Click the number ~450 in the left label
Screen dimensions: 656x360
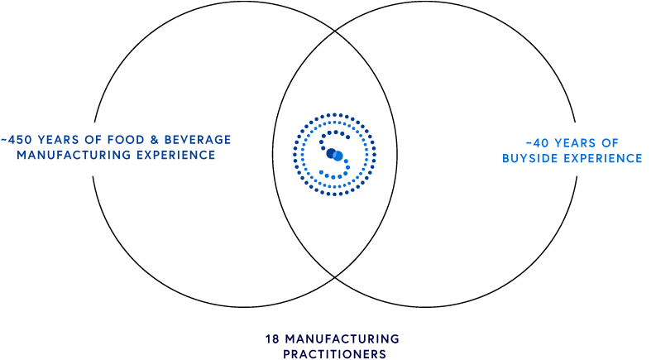click(17, 140)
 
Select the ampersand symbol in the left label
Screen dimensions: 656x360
click(155, 140)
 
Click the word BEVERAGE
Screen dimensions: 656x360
click(198, 140)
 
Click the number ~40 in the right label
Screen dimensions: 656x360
click(537, 143)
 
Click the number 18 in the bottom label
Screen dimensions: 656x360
click(272, 338)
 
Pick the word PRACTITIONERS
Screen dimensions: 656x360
click(335, 354)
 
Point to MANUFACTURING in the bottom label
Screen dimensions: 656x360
click(342, 338)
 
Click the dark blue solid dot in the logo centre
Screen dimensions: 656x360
click(331, 153)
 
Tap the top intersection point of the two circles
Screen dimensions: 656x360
click(335, 31)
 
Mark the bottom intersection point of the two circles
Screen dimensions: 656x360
click(335, 277)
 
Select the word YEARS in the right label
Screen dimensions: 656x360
click(575, 143)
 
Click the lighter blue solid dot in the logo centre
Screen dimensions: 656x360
click(338, 156)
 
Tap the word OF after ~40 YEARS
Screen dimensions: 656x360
click(610, 143)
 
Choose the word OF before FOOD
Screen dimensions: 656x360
click(93, 140)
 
